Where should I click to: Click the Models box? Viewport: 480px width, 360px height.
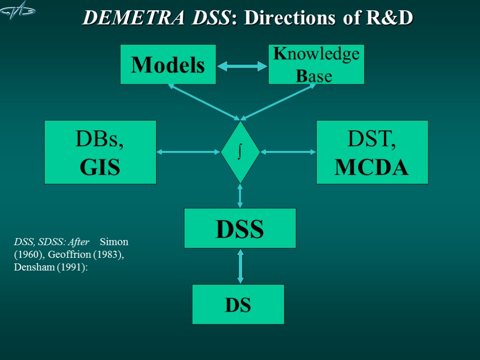pos(168,65)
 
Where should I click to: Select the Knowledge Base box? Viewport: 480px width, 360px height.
pos(316,65)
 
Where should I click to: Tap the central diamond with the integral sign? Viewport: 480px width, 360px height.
pos(240,152)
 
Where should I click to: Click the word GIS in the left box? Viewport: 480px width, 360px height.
pos(100,167)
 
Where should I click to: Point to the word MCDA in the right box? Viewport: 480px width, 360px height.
pos(371,167)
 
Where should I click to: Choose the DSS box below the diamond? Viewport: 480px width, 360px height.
pos(240,228)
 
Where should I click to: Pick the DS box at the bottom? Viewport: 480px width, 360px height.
pos(238,304)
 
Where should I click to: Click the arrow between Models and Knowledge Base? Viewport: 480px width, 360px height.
pos(242,66)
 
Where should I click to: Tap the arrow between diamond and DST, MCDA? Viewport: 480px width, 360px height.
pos(288,152)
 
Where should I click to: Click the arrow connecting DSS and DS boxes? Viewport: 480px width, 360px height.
pos(240,266)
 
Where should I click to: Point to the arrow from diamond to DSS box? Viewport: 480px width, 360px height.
pos(240,196)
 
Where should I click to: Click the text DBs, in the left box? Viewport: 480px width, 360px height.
pos(100,140)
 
